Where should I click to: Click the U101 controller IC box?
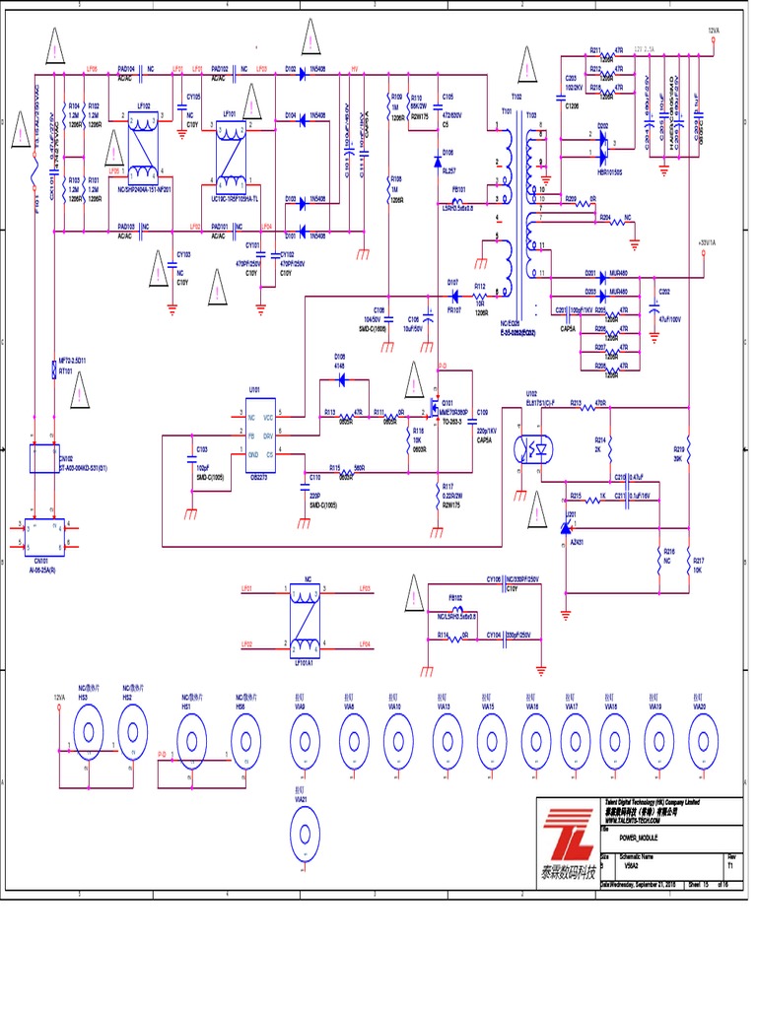tap(261, 435)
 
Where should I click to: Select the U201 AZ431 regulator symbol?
tap(569, 529)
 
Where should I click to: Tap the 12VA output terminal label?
tap(715, 31)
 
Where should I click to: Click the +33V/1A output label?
tap(708, 241)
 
